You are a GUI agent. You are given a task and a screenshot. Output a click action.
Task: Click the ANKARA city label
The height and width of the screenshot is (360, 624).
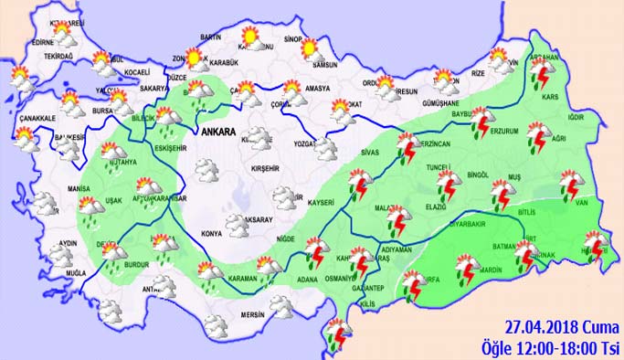pos(218,132)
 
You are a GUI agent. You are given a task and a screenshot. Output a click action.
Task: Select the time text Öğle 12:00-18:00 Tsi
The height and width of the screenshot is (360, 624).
pos(551,348)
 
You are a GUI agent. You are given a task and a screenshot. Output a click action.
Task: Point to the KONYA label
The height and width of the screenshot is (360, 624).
pos(211,234)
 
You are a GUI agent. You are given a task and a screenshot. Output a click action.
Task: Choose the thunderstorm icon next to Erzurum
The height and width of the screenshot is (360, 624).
pos(481,124)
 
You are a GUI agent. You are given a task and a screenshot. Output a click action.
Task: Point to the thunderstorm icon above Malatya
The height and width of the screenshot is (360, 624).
pos(398,220)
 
